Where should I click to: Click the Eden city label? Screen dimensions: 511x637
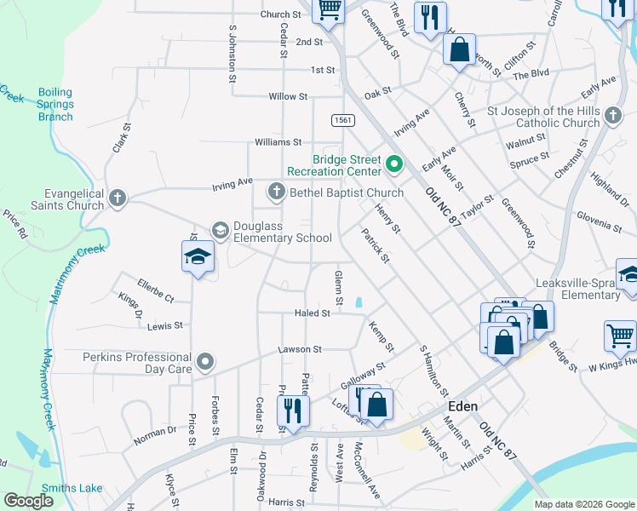pos(462,407)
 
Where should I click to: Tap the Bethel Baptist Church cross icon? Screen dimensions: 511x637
pos(276,192)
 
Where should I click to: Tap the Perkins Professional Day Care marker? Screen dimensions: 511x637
pos(204,363)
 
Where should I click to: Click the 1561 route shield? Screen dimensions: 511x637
pos(342,120)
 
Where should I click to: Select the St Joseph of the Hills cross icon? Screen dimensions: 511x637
pos(612,114)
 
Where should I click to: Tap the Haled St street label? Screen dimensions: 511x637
pos(312,313)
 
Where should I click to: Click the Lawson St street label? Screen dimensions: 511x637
pos(300,349)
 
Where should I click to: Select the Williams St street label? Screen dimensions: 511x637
pos(278,141)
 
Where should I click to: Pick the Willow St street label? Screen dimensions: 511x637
pos(287,97)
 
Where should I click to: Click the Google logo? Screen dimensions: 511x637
pos(28,501)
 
